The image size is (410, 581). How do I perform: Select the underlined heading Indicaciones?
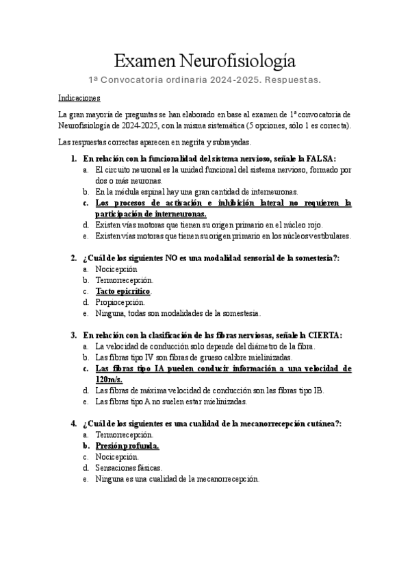tap(79, 98)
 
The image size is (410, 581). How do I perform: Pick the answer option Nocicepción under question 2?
tap(116, 269)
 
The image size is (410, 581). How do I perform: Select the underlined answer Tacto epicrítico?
tap(123, 290)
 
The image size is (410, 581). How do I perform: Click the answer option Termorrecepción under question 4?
tap(125, 435)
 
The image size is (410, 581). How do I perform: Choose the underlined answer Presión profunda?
tap(127, 446)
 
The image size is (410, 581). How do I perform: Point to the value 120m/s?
tap(110, 379)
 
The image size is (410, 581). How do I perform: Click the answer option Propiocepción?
tap(120, 301)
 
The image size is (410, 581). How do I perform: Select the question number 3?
tap(73, 335)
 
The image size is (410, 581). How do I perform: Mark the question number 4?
tap(73, 423)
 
